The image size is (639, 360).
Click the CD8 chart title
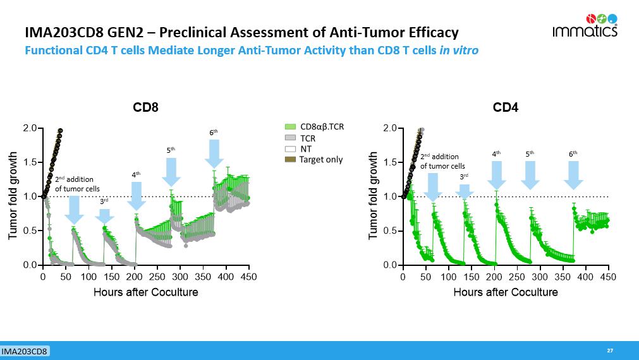point(145,108)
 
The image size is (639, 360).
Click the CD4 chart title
point(506,108)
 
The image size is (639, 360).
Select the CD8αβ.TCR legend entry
point(314,127)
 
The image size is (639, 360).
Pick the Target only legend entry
point(313,160)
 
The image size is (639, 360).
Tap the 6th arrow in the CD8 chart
point(214,153)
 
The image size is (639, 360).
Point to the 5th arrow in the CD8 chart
point(171,171)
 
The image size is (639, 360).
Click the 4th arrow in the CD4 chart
point(496,174)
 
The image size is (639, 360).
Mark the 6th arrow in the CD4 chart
point(573,174)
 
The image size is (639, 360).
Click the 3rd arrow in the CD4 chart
point(465,192)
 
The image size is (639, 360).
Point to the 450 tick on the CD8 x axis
point(249,277)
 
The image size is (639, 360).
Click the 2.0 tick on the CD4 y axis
point(391,128)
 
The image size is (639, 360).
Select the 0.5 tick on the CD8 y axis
point(30,231)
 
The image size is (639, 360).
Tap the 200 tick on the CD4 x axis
point(494,277)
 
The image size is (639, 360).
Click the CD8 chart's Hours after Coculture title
point(145,292)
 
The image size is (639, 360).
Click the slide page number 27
point(610,351)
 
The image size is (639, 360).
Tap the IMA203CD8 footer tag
point(25,351)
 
